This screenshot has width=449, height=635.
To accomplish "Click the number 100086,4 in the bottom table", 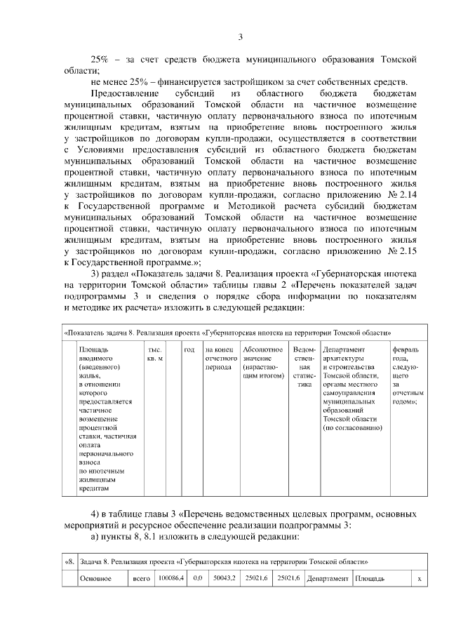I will click(171, 578).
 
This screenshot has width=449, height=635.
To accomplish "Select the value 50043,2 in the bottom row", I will click(224, 578).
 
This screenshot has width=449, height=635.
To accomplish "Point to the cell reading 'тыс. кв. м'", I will click(155, 354).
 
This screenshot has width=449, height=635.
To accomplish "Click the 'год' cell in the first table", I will click(189, 349).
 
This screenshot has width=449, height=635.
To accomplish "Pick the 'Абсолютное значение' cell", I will click(262, 358).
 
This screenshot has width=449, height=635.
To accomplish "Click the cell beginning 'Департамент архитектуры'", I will click(354, 389).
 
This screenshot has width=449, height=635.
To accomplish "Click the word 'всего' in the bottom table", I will click(142, 578).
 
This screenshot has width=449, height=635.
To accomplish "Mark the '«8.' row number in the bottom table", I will click(69, 561).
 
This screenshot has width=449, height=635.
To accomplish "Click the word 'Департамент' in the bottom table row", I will click(328, 578).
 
